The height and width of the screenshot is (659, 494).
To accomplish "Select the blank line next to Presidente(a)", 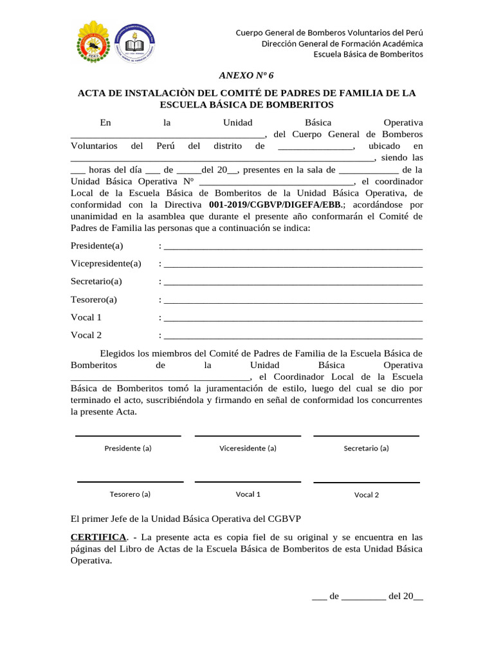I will [293, 248].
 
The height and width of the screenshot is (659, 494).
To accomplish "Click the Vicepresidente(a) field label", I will [106, 264].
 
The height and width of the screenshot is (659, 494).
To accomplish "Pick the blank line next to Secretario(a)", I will [293, 283].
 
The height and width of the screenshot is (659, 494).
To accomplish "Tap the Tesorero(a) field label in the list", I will [94, 299].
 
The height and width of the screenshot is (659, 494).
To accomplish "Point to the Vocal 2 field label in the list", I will [86, 335].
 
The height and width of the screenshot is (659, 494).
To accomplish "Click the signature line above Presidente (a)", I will [128, 436].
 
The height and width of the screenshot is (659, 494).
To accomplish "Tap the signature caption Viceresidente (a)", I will [248, 449].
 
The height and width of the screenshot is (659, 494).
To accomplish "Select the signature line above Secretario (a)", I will [366, 436].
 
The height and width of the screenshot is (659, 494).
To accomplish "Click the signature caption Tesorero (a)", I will [130, 494].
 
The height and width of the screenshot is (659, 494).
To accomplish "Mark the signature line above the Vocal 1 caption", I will [248, 482].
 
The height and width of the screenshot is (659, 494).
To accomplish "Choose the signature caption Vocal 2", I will [367, 495].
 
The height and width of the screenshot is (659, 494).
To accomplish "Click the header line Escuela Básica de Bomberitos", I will [368, 54].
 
